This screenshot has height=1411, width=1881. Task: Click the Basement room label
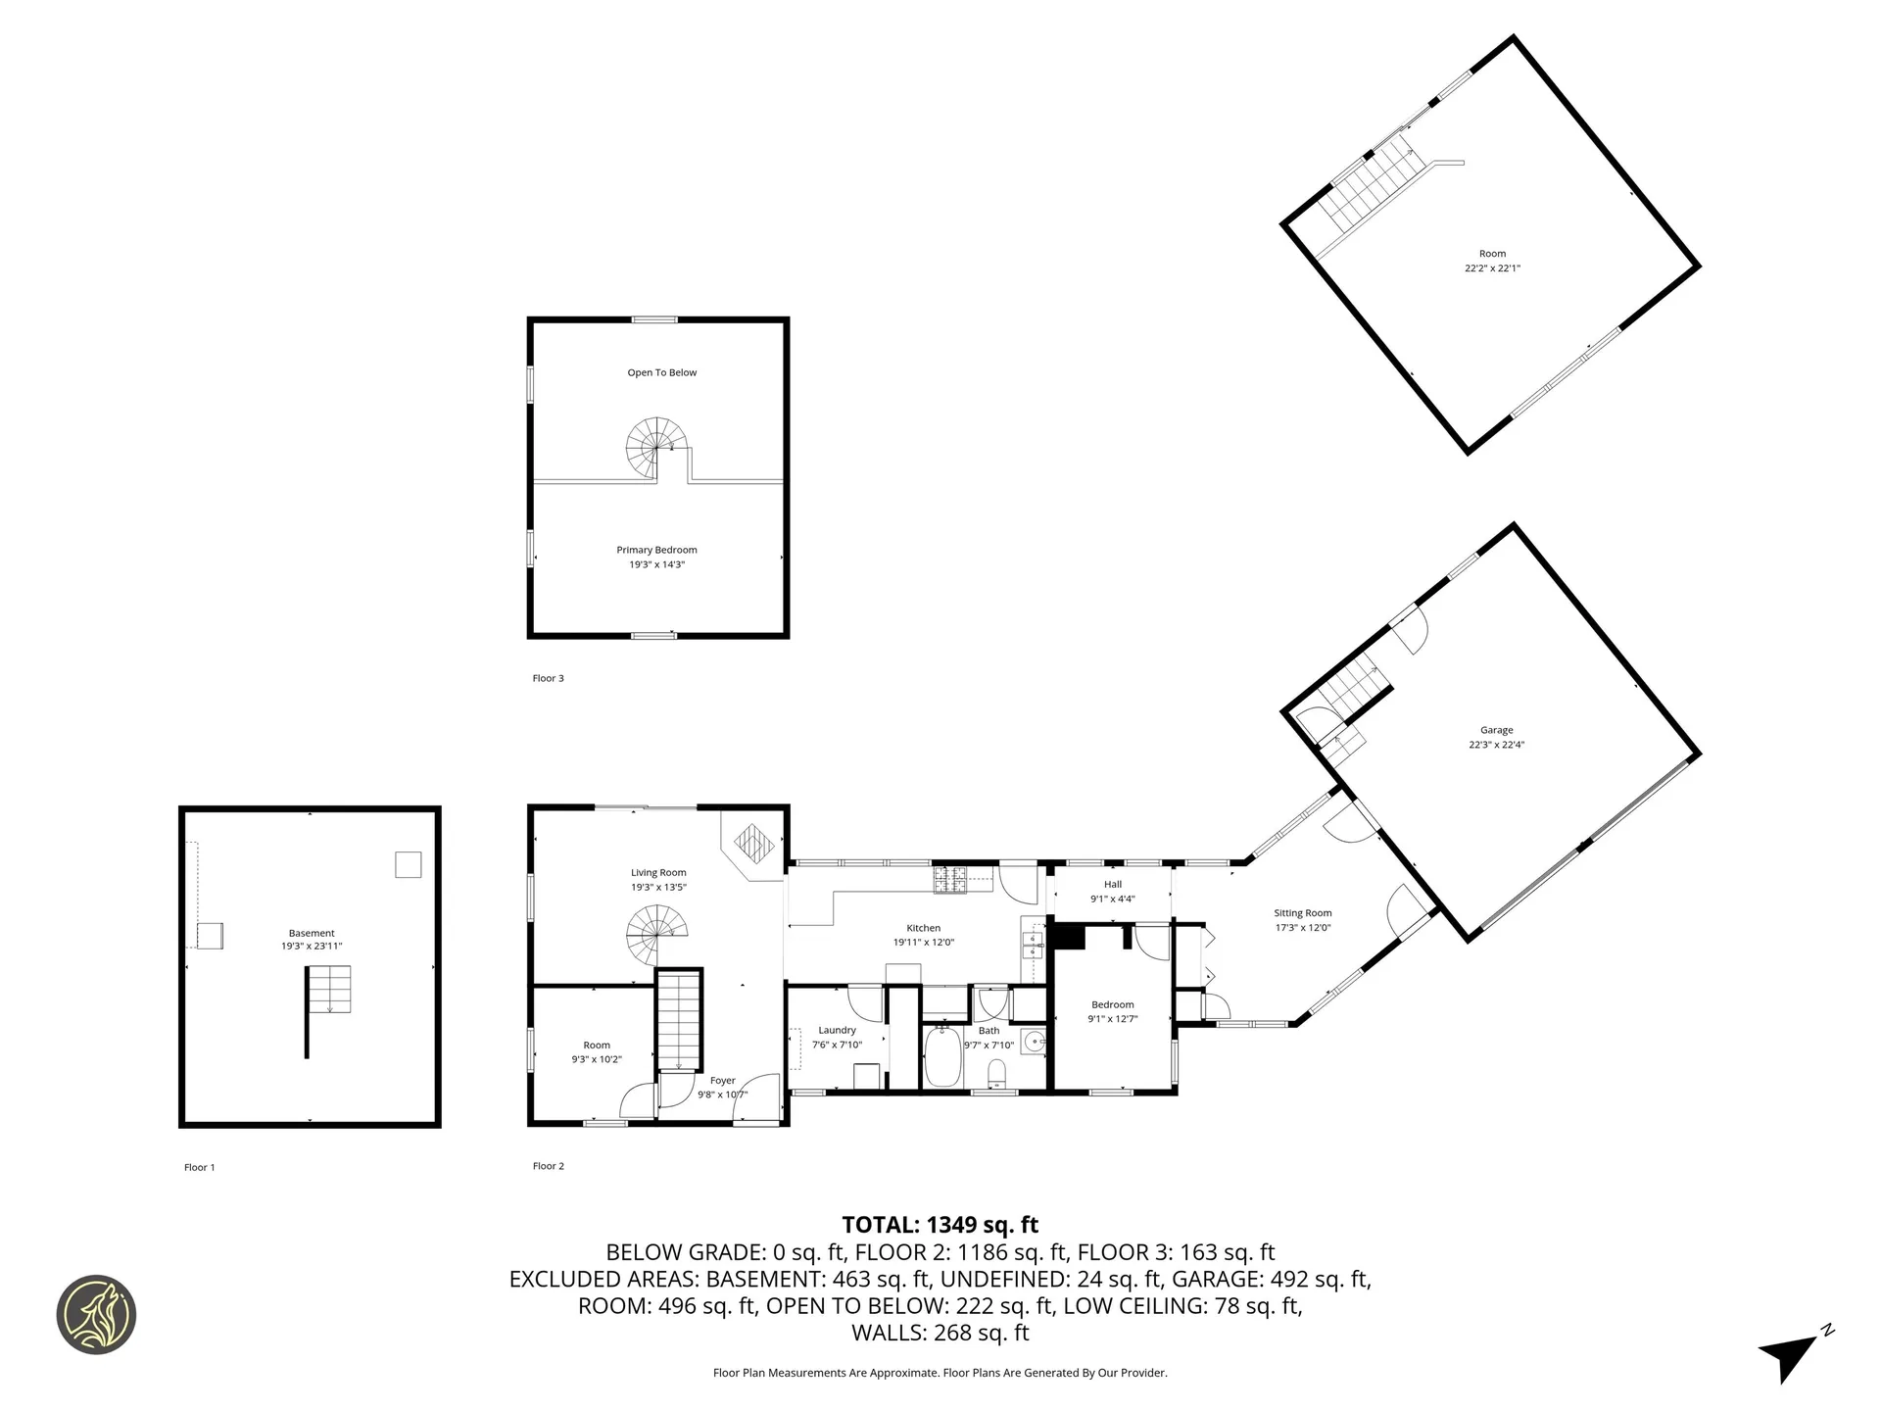click(x=312, y=933)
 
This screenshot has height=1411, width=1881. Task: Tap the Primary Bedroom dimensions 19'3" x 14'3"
click(x=656, y=564)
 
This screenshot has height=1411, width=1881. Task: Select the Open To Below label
click(x=662, y=372)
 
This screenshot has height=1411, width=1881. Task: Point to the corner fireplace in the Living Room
click(x=754, y=842)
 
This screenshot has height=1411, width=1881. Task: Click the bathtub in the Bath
click(x=942, y=1056)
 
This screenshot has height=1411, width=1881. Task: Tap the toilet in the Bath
click(x=997, y=1075)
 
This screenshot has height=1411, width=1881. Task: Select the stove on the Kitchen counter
click(x=949, y=879)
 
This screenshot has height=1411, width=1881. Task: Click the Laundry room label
click(x=837, y=1030)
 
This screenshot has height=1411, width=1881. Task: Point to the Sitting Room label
click(x=1302, y=912)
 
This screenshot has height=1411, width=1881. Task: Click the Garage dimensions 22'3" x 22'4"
click(x=1496, y=745)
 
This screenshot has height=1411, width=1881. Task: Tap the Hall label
click(x=1113, y=884)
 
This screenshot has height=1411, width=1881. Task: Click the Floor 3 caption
click(x=548, y=678)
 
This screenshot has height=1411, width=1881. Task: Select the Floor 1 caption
click(x=199, y=1167)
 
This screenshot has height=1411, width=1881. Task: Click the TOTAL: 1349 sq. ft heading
click(x=940, y=1225)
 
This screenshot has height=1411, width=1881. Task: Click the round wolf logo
click(x=96, y=1315)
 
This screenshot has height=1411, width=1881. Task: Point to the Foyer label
click(x=722, y=1080)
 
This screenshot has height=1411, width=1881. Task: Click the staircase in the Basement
click(x=330, y=990)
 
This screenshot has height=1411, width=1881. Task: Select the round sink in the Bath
click(x=1033, y=1042)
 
